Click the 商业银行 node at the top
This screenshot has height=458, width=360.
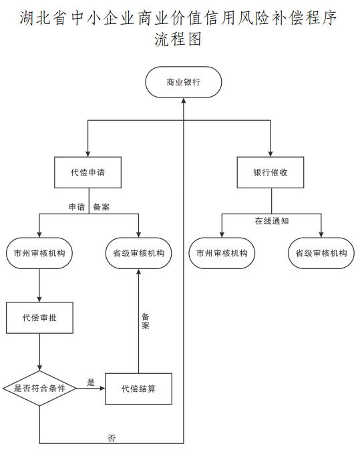click(x=184, y=83)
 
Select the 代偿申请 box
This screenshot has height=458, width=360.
click(x=87, y=172)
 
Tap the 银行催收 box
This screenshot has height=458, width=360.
click(x=271, y=172)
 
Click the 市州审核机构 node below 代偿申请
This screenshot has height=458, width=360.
click(x=39, y=254)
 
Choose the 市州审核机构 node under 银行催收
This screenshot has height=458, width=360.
click(x=222, y=254)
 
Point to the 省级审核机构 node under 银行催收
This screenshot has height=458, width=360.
click(x=321, y=254)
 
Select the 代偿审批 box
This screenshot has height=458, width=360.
click(x=39, y=318)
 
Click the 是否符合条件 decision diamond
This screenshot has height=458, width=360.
click(x=39, y=388)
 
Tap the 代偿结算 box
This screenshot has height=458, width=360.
click(x=139, y=389)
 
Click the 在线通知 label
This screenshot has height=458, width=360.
click(x=271, y=221)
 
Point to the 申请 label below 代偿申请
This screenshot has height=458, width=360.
click(x=76, y=207)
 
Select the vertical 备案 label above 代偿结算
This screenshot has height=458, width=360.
click(x=145, y=321)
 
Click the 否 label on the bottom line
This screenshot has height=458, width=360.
click(x=112, y=438)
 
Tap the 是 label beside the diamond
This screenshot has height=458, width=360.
click(x=91, y=383)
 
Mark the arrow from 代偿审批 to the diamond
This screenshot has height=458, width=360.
click(x=39, y=352)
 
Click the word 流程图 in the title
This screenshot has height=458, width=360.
click(x=178, y=39)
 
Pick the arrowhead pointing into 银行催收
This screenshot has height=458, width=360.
click(x=271, y=153)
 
